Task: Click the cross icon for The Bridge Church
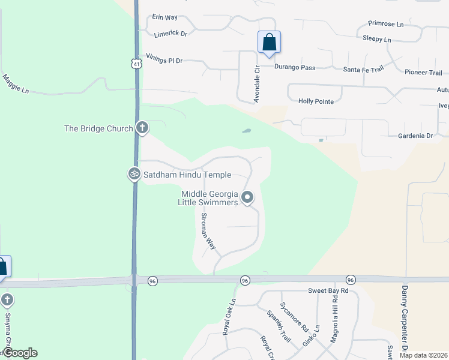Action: coord(142,127)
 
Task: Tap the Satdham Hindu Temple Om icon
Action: coord(134,174)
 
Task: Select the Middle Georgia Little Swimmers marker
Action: coord(247,197)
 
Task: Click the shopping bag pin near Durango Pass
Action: coord(270,43)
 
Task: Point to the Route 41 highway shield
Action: coord(137,64)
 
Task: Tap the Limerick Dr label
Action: coord(170,34)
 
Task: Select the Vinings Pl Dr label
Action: coord(164,61)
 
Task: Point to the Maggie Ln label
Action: coord(16,83)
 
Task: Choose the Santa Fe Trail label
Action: coord(363,70)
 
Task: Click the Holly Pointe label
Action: coord(316,101)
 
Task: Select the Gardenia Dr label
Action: coord(415,136)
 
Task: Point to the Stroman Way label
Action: coord(208,231)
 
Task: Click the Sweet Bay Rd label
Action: coord(328,291)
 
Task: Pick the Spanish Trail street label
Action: coord(279,326)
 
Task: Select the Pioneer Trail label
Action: coord(423,73)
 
